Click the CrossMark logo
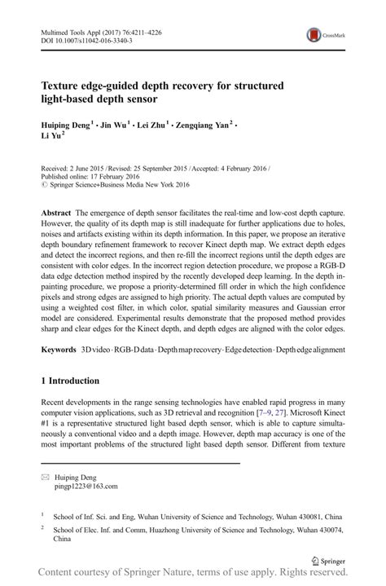click(x=322, y=36)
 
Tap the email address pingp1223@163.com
click(x=84, y=486)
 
